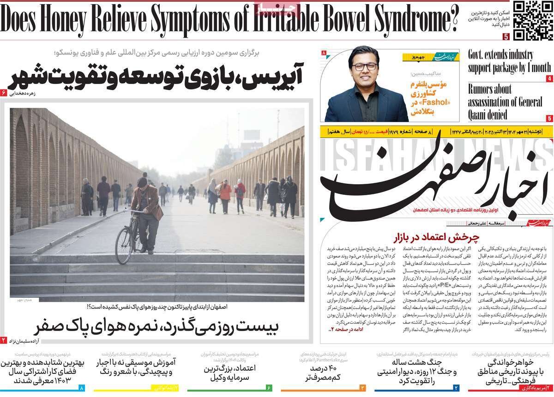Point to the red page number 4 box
coord(549,79)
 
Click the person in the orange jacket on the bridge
coord(225,194)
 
